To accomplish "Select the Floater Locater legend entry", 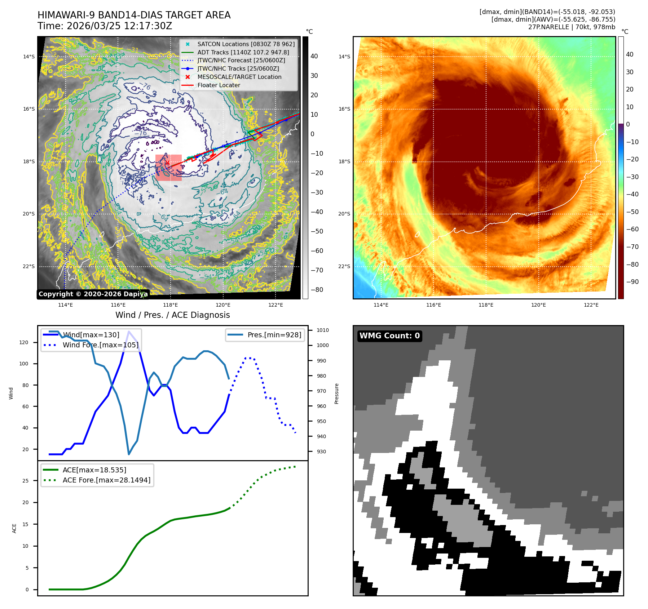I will tap(219, 85).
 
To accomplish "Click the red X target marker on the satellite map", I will tap(167, 163).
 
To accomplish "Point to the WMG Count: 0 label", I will tap(389, 336).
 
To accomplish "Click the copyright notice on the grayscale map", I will tap(92, 294).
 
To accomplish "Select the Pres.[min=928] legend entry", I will tap(274, 335).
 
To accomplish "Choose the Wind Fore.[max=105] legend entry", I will tap(100, 345).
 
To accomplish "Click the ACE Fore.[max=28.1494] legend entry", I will tap(106, 480).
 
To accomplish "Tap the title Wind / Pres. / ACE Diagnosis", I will tap(172, 315).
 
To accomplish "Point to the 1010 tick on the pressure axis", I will tap(322, 330).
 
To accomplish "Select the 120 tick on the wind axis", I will tap(24, 342).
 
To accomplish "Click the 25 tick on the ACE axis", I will tap(25, 481).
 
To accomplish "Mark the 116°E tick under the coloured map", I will tap(433, 305).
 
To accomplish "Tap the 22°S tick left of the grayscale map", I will tap(29, 266).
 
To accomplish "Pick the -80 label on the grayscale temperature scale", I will tap(317, 290).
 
